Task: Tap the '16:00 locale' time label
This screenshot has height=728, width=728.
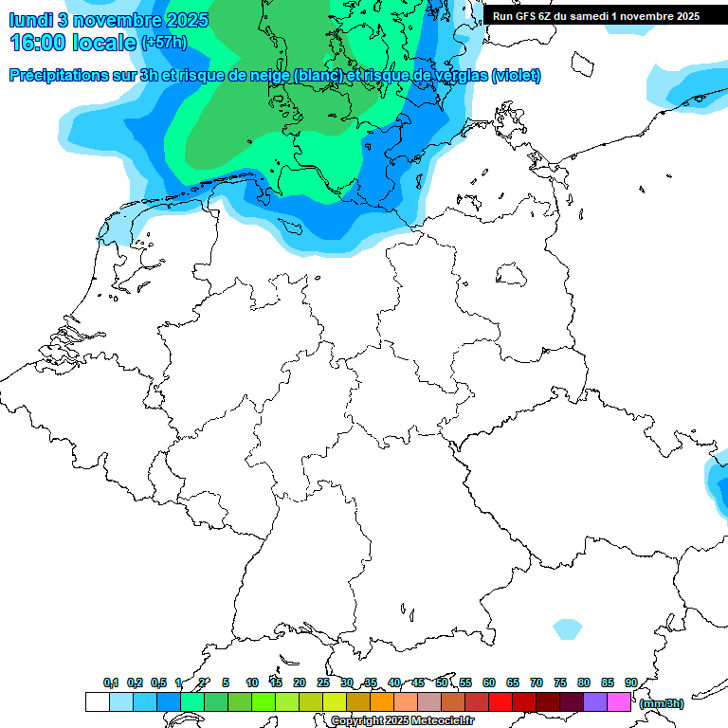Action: (72, 43)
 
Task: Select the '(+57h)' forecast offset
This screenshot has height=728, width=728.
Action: (164, 44)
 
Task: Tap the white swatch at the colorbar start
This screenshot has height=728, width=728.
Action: (97, 701)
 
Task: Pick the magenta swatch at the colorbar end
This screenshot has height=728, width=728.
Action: (619, 701)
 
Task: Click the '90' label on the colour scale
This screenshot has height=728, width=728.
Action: (630, 682)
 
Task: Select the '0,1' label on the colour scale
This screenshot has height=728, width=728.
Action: (111, 682)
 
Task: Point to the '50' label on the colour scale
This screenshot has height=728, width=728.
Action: (442, 682)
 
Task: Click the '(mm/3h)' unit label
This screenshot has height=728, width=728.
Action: (662, 703)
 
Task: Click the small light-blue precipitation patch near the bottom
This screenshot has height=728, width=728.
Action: (567, 628)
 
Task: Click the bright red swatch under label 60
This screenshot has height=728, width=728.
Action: (500, 701)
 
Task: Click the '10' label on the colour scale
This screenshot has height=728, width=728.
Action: (252, 682)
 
